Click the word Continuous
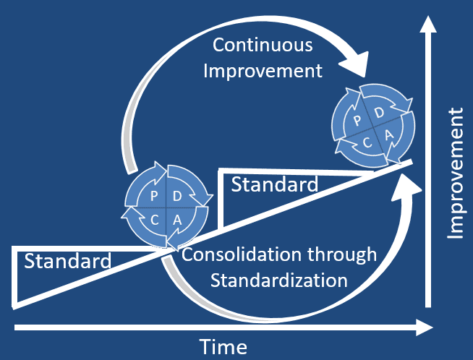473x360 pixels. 263,45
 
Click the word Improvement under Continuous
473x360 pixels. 263,71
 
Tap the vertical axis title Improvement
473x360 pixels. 455,173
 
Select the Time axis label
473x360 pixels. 224,347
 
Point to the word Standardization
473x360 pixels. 278,279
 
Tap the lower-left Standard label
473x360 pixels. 68,261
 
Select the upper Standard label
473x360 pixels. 274,184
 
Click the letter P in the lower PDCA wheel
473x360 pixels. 153,197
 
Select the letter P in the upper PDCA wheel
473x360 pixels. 357,120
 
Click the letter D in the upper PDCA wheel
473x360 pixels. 380,113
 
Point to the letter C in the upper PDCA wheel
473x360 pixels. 367,143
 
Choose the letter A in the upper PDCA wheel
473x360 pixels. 389,136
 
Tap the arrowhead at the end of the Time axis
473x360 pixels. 425,328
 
